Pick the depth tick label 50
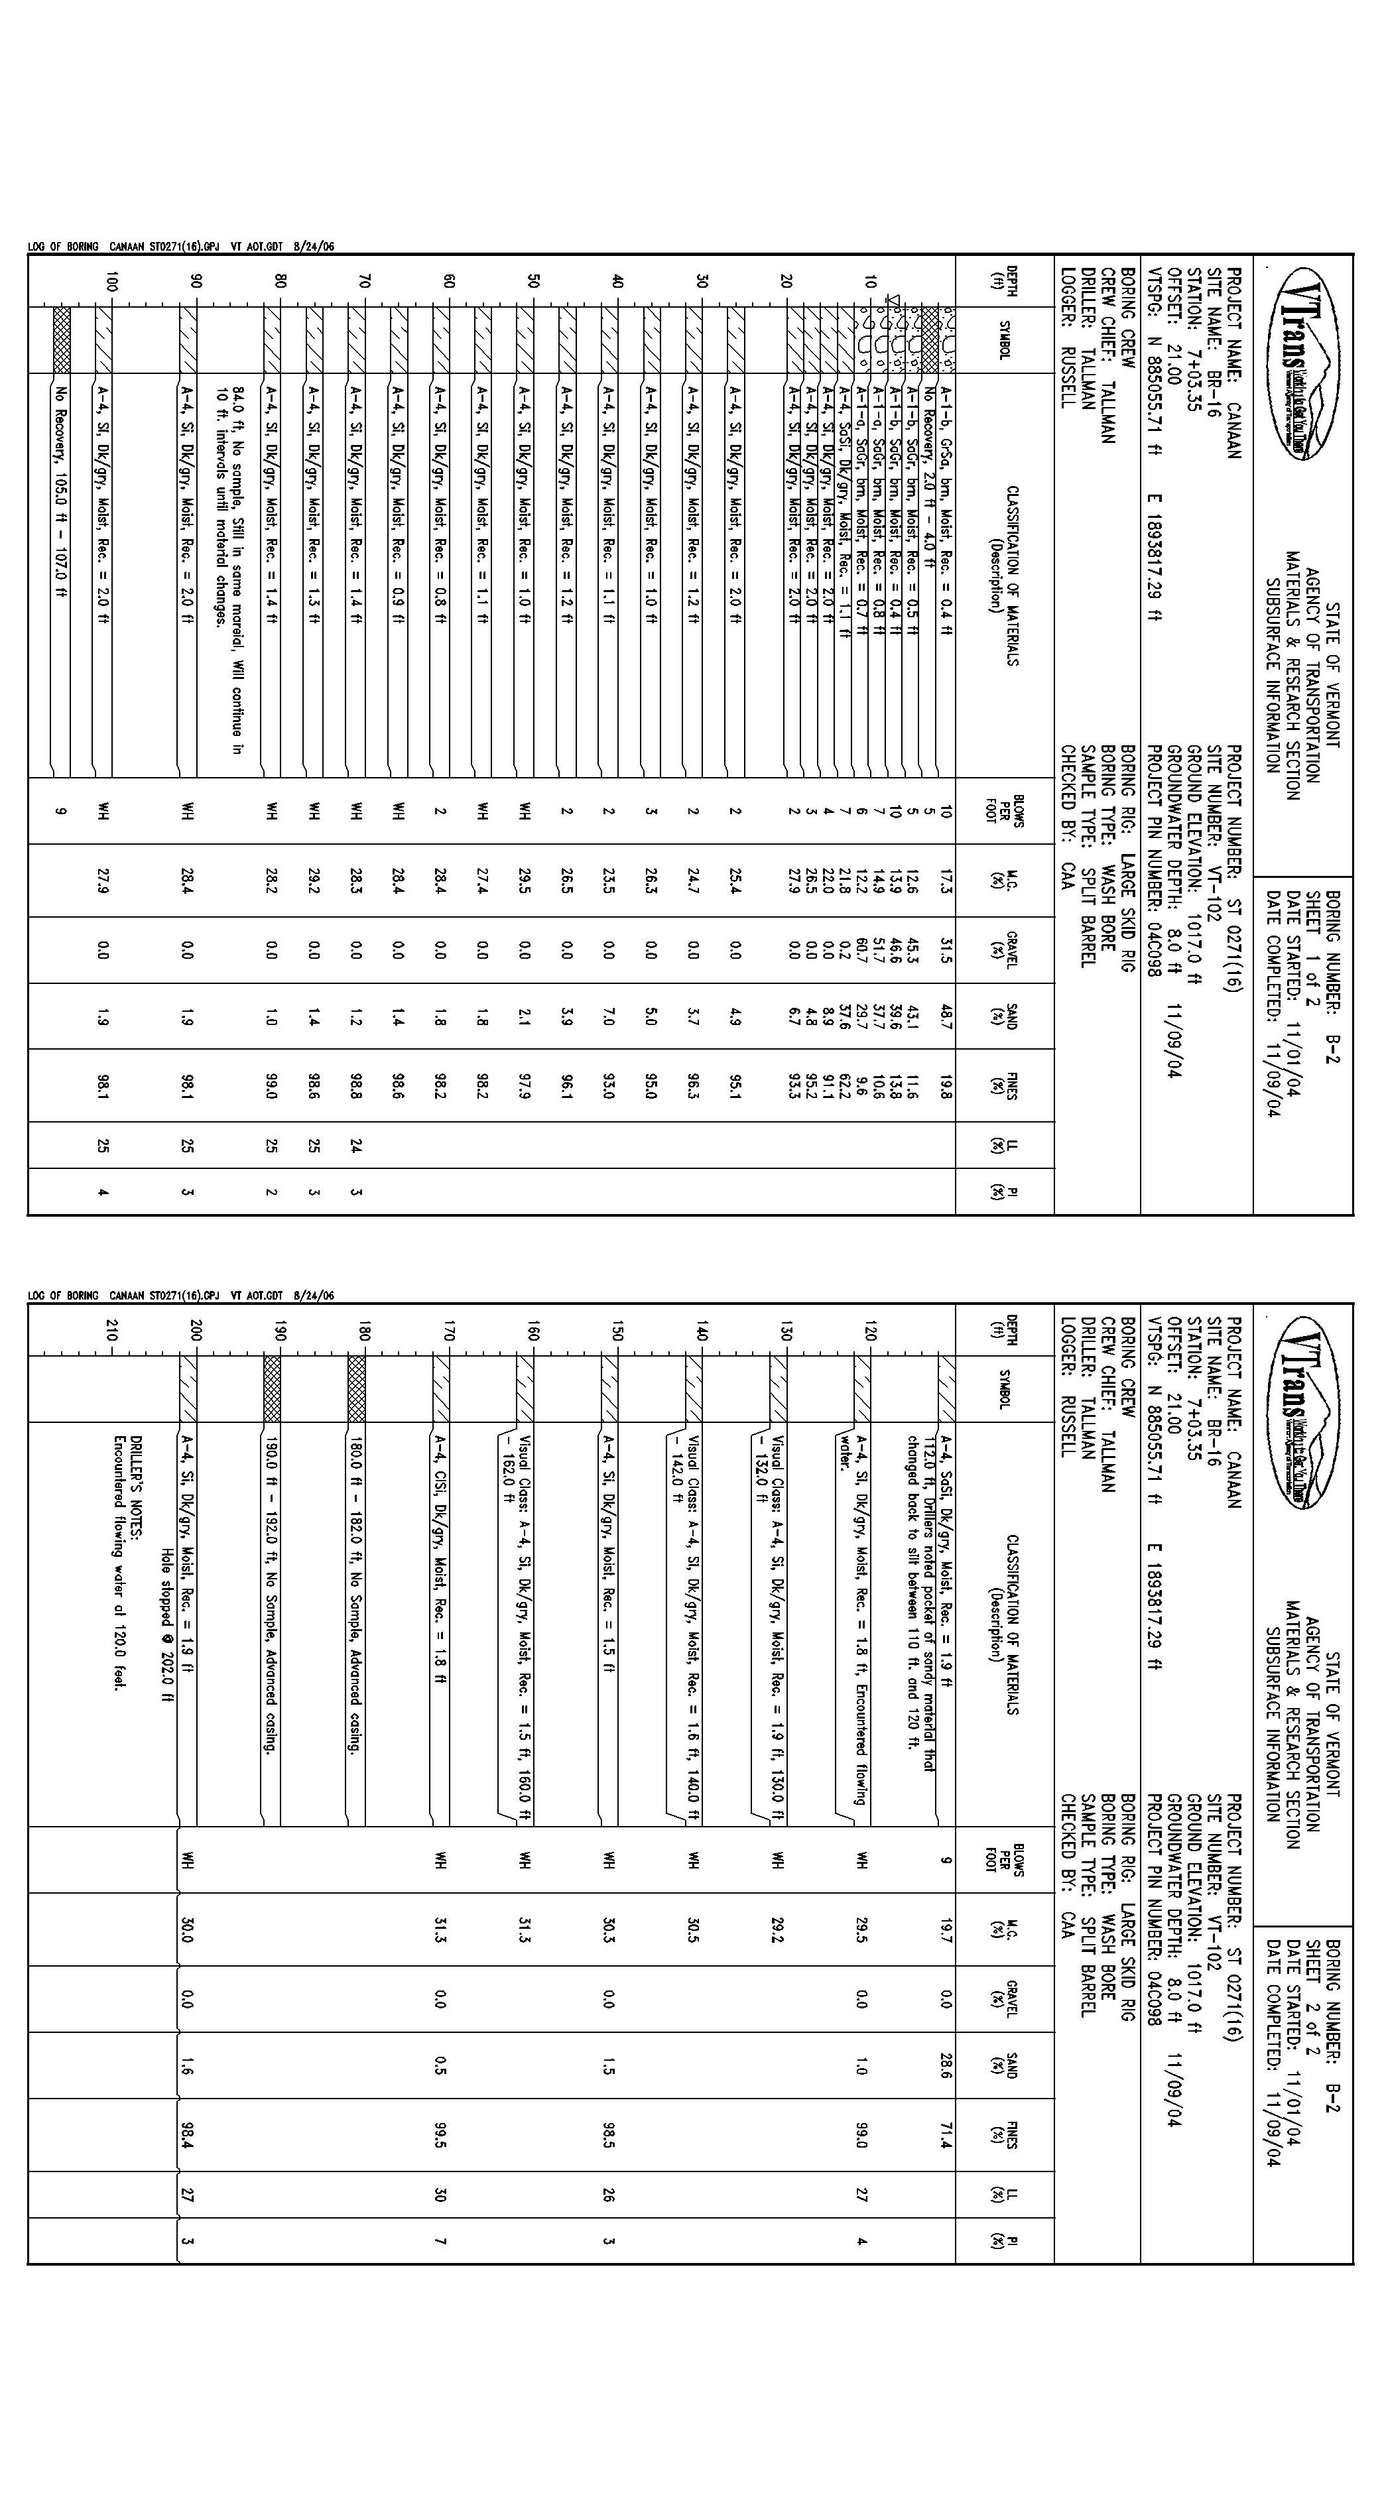pos(533,282)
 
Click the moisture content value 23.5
pos(609,880)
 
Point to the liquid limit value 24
pos(356,1146)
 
